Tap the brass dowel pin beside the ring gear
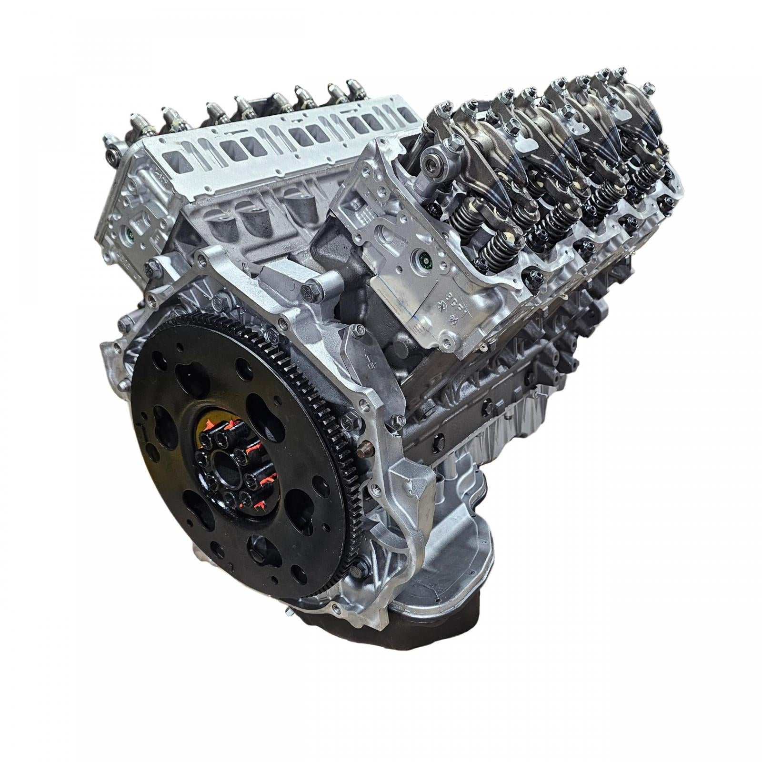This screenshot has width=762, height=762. pos(366,450)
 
